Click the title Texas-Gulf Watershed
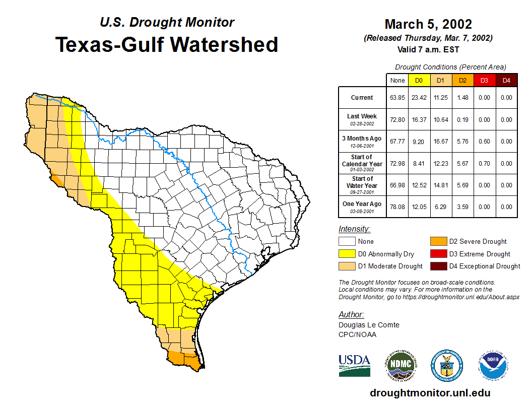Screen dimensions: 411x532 pyautogui.click(x=166, y=44)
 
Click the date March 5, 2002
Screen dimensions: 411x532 pyautogui.click(x=428, y=24)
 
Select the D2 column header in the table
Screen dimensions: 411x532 pyautogui.click(x=462, y=80)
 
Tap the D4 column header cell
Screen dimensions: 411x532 pyautogui.click(x=506, y=80)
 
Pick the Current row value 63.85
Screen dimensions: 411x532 pyautogui.click(x=397, y=98)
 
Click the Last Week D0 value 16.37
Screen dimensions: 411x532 pyautogui.click(x=419, y=120)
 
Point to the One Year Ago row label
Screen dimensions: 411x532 pyautogui.click(x=362, y=204)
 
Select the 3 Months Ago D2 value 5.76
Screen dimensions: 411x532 pyautogui.click(x=462, y=142)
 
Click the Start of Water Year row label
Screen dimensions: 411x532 pyautogui.click(x=362, y=182)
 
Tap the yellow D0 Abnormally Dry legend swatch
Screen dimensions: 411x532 pyautogui.click(x=347, y=254)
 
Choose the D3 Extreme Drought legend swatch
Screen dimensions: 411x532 pyautogui.click(x=438, y=254)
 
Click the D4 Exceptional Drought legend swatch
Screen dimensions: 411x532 pyautogui.click(x=438, y=266)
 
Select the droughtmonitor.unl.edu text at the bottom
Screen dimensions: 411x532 pyautogui.click(x=430, y=393)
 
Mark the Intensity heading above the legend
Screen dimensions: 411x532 pyautogui.click(x=354, y=229)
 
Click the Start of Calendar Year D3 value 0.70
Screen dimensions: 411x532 pyautogui.click(x=484, y=164)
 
